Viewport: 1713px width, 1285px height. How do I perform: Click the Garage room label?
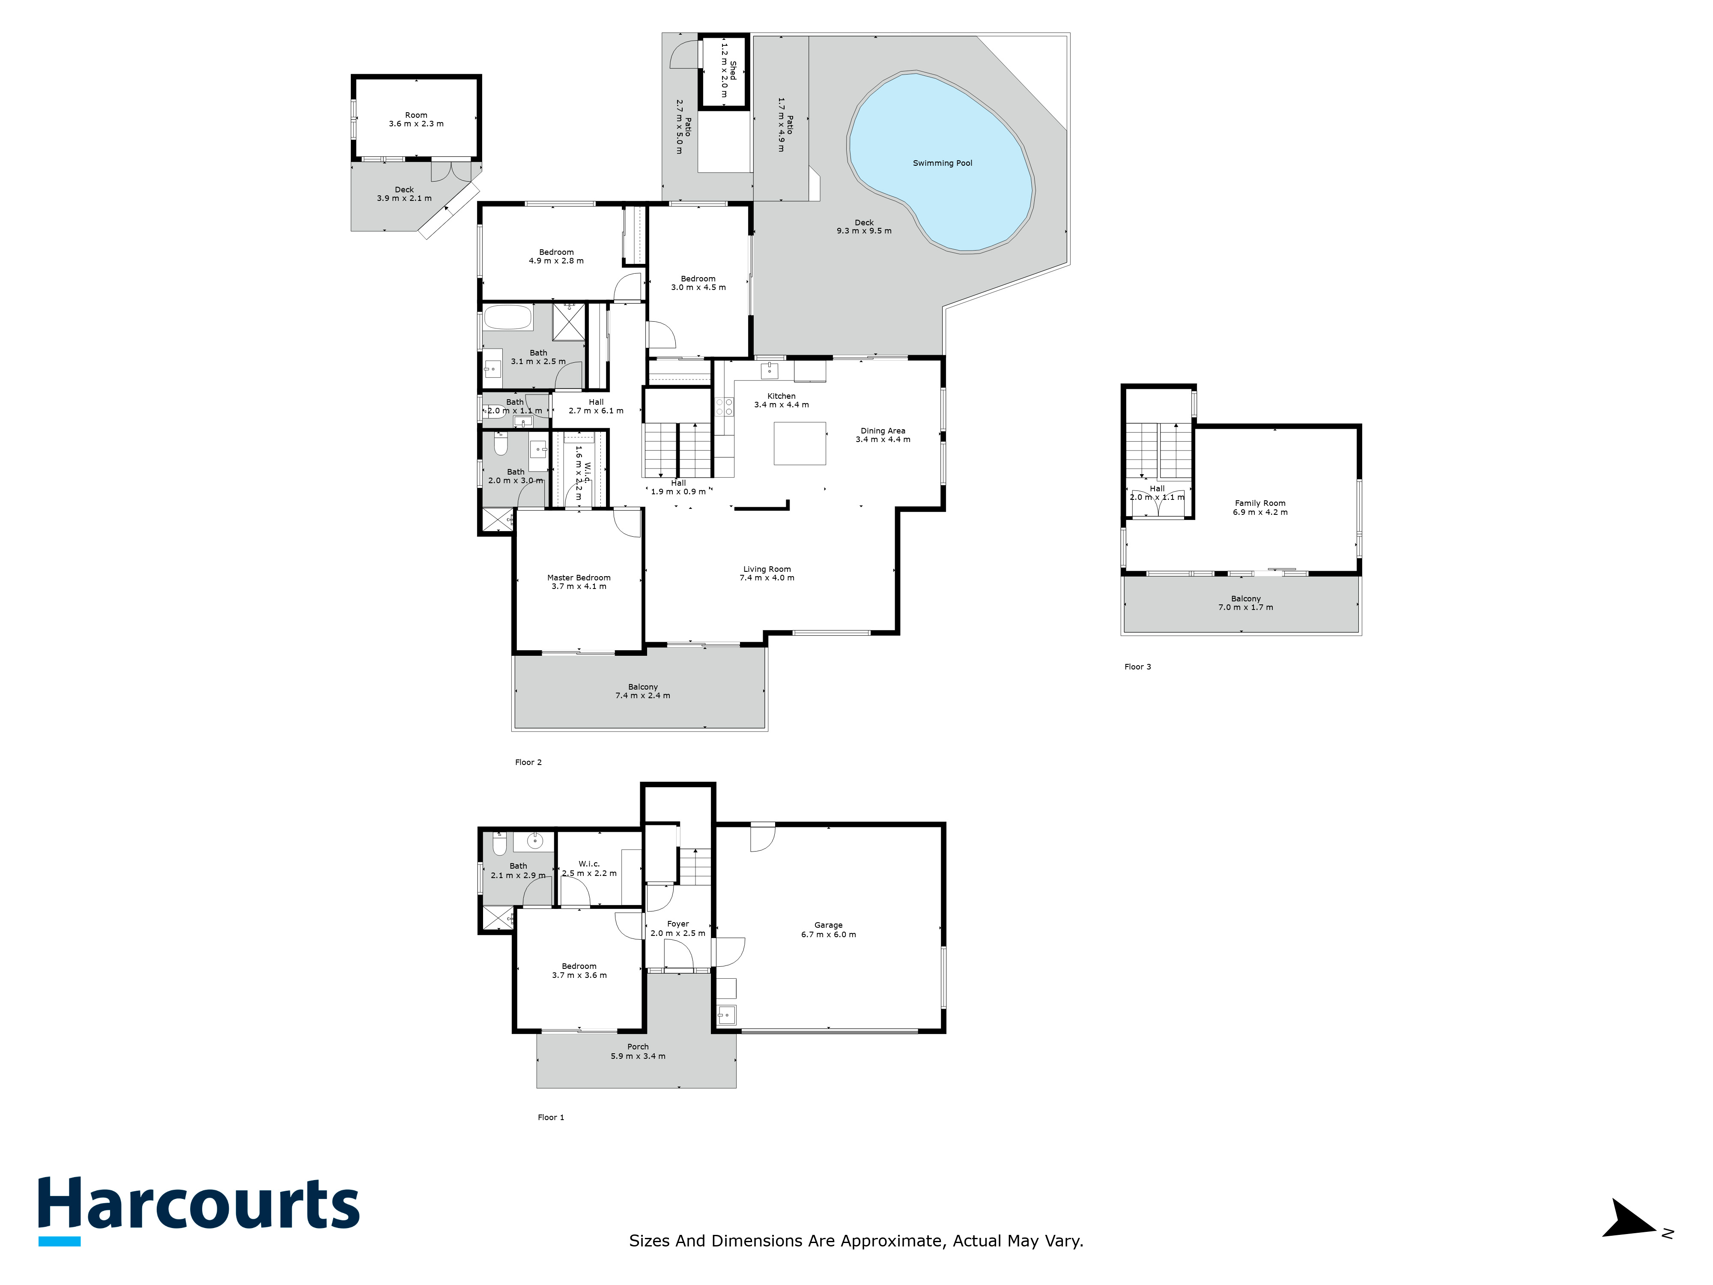click(829, 929)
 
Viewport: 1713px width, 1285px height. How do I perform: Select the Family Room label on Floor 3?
click(1260, 507)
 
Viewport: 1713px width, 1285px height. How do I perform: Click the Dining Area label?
click(883, 434)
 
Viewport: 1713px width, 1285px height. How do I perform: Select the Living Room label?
click(767, 573)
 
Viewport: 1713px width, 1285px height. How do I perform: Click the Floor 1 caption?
click(551, 1117)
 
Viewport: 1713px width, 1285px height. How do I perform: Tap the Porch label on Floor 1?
click(638, 1051)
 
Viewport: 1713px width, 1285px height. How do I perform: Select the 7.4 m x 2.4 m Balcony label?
click(643, 691)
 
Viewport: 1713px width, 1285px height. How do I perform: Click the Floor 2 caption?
click(528, 762)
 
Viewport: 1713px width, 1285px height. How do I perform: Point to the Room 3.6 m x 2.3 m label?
click(416, 119)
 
